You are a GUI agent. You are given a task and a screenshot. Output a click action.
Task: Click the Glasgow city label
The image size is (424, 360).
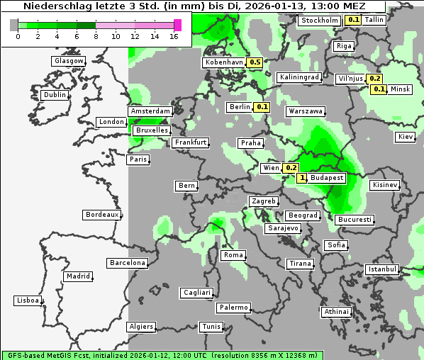[x=68, y=61]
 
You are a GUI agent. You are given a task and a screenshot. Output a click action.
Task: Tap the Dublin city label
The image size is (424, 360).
[x=54, y=95]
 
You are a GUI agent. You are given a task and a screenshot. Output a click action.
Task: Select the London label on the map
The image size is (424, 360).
[x=111, y=122]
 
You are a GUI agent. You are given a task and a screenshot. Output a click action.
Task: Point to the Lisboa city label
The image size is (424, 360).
[x=27, y=300]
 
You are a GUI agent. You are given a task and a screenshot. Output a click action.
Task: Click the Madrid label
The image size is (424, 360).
[x=77, y=276]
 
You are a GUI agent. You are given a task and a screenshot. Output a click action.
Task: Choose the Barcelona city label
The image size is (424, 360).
[x=127, y=263]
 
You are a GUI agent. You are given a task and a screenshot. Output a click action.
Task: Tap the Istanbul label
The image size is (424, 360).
[x=382, y=269]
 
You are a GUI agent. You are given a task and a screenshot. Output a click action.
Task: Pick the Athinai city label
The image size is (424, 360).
[x=335, y=312]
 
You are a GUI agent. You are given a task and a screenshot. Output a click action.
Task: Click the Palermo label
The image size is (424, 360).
[x=233, y=308]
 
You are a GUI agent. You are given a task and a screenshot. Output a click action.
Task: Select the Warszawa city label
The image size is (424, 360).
[x=306, y=111]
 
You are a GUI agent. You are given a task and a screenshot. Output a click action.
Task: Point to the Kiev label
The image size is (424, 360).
[x=406, y=136]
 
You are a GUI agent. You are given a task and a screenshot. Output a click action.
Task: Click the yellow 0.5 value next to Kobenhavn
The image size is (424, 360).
[x=255, y=62]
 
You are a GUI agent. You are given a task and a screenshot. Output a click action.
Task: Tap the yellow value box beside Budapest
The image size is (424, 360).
[x=303, y=178]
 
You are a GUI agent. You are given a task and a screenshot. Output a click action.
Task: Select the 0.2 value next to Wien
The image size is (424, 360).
[x=291, y=168]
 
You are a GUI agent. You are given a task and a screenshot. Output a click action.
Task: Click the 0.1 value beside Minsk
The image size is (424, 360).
[x=379, y=89]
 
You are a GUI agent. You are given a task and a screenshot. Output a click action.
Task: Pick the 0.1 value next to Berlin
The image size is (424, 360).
[x=262, y=107]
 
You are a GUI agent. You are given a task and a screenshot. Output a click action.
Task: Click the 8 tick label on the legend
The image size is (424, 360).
[x=95, y=35]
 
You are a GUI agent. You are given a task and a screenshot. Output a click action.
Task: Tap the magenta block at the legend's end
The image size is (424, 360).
[x=177, y=25]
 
